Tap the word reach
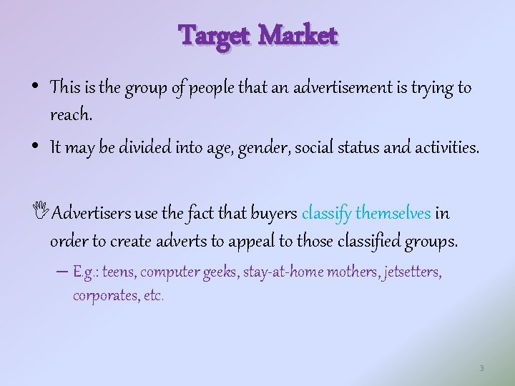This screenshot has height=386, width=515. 71,113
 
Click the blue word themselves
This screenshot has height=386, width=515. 393,213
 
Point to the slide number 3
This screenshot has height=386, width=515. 481,368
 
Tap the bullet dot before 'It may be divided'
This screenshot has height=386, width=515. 36,147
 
